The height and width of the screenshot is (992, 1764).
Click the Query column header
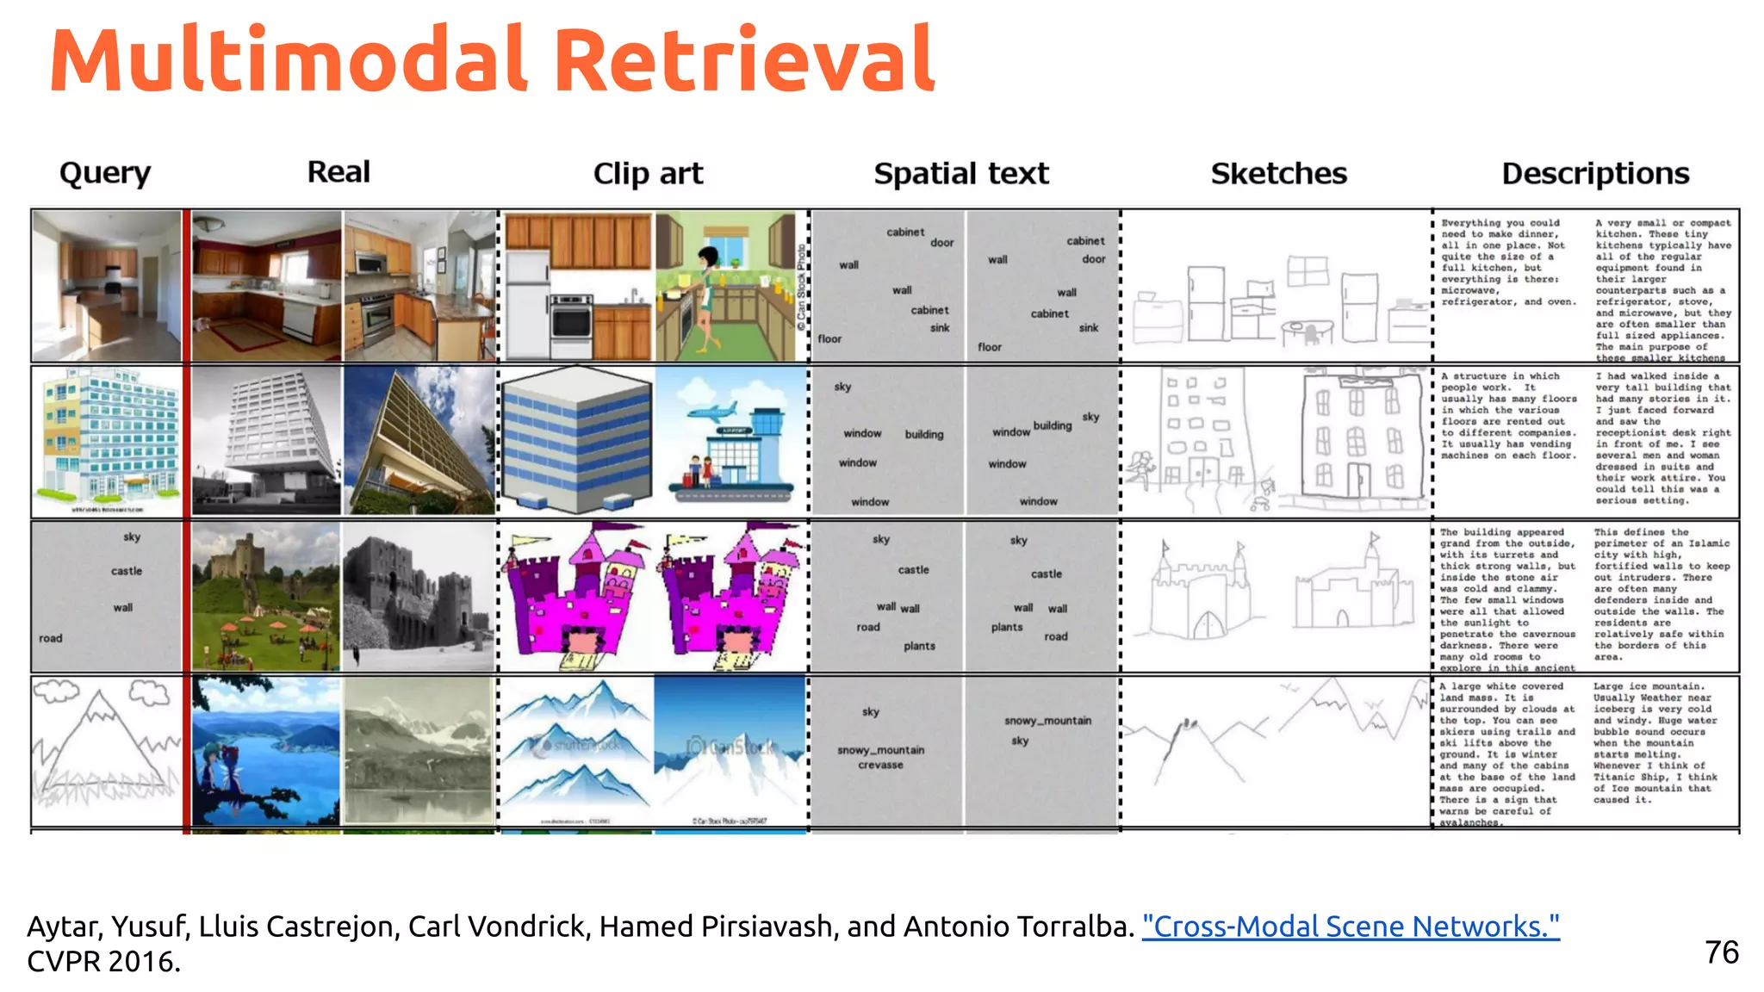click(x=105, y=173)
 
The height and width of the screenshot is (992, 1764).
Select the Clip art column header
click(x=648, y=173)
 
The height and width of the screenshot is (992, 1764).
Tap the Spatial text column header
click(x=961, y=173)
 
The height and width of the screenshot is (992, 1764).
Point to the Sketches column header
click(x=1278, y=173)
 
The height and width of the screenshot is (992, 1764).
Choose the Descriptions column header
click(x=1595, y=173)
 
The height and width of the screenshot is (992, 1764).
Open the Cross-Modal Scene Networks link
click(x=1350, y=926)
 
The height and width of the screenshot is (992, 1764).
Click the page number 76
click(x=1721, y=952)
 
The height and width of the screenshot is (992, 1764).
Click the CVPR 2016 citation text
click(x=103, y=961)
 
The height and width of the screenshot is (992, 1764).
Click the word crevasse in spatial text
click(x=880, y=765)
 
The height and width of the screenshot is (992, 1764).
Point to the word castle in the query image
click(x=127, y=571)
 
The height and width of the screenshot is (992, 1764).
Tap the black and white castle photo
click(x=419, y=596)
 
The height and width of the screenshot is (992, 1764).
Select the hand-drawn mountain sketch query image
click(x=106, y=751)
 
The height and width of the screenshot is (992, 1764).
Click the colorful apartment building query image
click(x=106, y=441)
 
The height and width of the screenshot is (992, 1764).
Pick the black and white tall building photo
click(x=266, y=441)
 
